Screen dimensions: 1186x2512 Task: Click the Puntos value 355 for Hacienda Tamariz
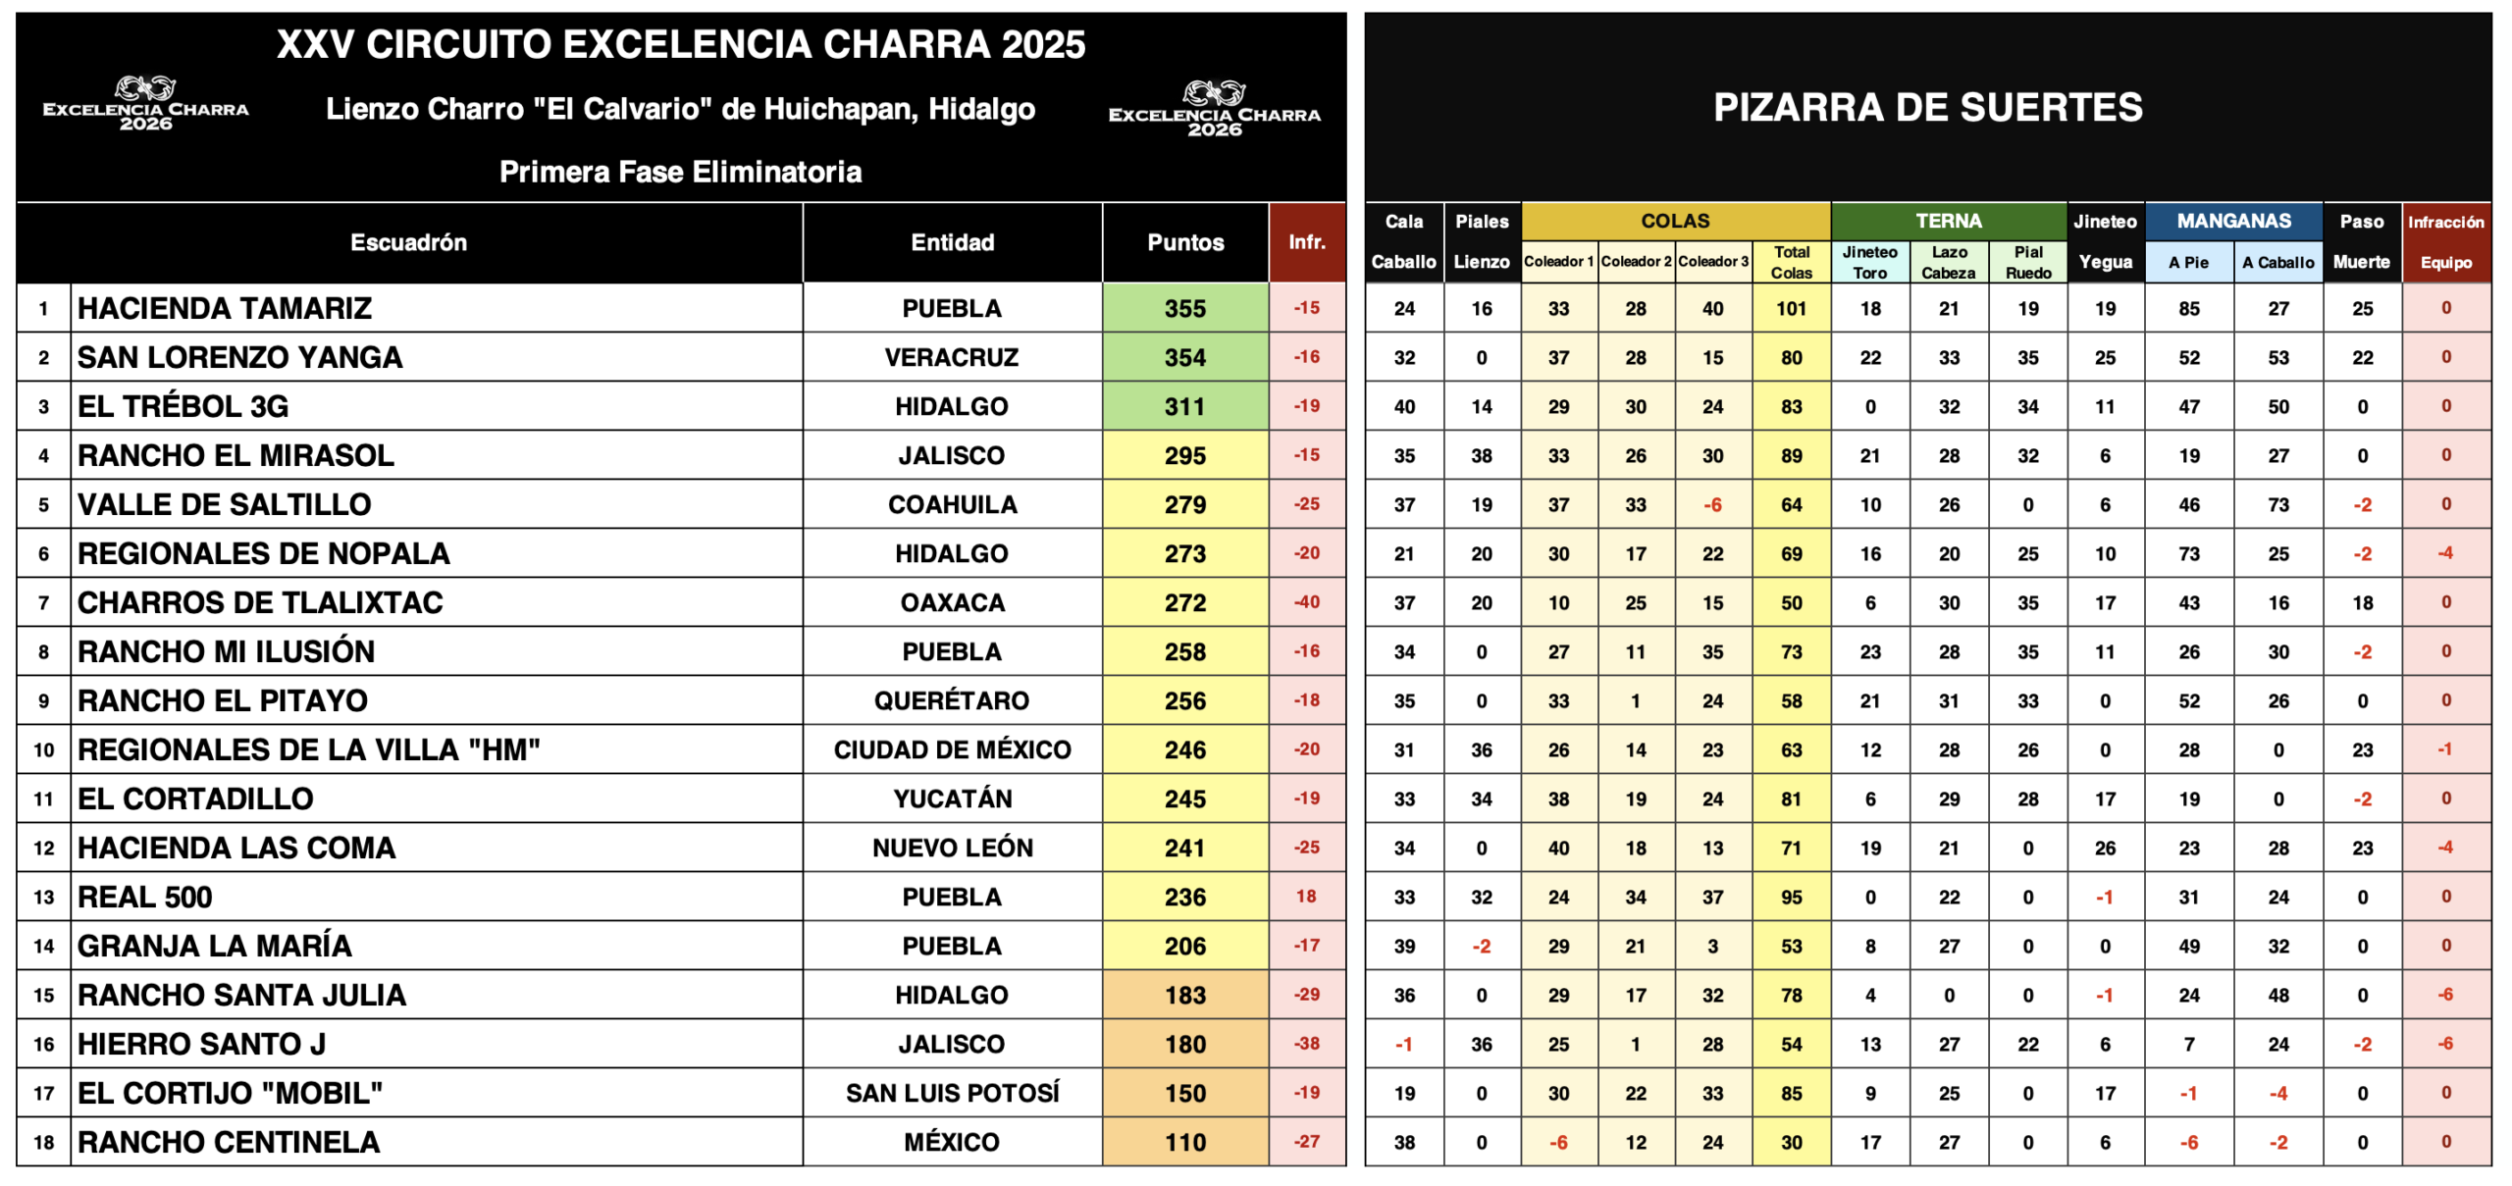pos(1184,308)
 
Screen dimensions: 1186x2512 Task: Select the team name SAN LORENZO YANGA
pos(239,357)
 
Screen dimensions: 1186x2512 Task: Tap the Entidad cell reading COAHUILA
pos(952,504)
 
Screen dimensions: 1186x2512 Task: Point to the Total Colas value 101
pos(1791,308)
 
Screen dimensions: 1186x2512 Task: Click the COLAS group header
pos(1675,221)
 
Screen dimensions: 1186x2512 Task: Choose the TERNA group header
pos(1948,221)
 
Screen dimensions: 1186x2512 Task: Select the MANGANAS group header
pos(2233,221)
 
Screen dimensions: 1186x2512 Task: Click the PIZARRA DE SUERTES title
pos(1927,107)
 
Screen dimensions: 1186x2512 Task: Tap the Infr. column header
pos(1306,241)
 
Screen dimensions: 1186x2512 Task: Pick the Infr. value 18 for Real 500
pos(1306,896)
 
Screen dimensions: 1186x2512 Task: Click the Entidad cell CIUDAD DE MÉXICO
pos(952,749)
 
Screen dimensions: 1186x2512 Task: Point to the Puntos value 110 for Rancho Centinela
pos(1184,1142)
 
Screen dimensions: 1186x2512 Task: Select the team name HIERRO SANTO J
pos(201,1044)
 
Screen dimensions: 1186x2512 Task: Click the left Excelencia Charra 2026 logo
pos(145,103)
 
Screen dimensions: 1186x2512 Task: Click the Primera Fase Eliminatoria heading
pos(680,172)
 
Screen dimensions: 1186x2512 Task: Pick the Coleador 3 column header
pos(1712,261)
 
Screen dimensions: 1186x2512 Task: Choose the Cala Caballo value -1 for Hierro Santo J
pos(1403,1044)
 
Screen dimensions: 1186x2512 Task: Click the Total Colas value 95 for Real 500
pos(1791,897)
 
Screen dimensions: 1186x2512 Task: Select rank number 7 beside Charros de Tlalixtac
pos(43,602)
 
